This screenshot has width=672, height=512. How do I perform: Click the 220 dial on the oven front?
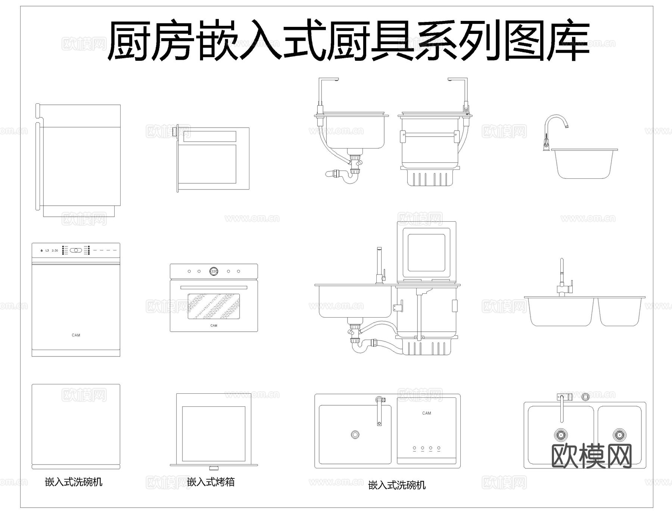[214, 271]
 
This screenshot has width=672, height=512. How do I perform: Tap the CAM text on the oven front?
[214, 326]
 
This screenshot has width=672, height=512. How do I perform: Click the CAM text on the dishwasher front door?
[76, 335]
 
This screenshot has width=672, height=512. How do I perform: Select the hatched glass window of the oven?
[214, 306]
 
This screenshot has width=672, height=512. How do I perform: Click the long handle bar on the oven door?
[214, 287]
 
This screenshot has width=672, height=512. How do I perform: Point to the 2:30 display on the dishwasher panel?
[55, 250]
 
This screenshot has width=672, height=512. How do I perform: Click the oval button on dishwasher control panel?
[76, 250]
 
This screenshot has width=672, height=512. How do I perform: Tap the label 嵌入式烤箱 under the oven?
[211, 482]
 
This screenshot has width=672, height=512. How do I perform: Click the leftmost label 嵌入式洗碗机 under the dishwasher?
[74, 482]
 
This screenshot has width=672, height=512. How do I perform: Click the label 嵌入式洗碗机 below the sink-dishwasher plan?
[397, 485]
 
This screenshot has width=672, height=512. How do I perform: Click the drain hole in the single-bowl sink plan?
[355, 434]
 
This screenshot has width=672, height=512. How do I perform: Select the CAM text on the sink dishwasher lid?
[426, 413]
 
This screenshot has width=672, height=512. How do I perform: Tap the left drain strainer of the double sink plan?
[560, 435]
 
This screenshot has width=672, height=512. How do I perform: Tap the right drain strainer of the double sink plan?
[619, 435]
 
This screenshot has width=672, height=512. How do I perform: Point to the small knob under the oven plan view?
[214, 468]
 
